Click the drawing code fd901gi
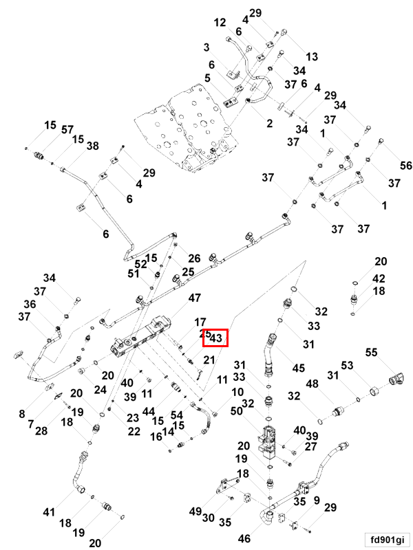click(x=388, y=539)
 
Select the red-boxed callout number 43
click(x=215, y=338)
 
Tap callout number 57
click(x=67, y=130)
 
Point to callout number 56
click(x=406, y=165)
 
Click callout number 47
click(x=195, y=298)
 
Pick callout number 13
click(x=312, y=56)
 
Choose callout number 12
click(x=220, y=23)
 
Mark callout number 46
click(x=244, y=538)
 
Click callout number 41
click(x=49, y=512)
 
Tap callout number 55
click(x=371, y=352)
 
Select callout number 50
click(x=237, y=410)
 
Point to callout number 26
click(x=194, y=258)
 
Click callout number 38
click(x=93, y=146)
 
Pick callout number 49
click(x=195, y=511)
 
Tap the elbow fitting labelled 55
click(x=396, y=381)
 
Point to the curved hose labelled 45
click(x=269, y=354)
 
